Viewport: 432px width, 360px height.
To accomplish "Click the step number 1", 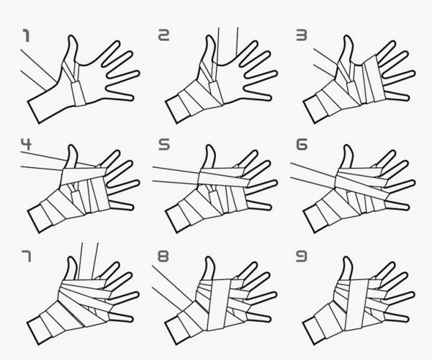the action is (26, 36).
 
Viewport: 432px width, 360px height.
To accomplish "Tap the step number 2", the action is (163, 35).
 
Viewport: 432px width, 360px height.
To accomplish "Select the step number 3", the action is (302, 35).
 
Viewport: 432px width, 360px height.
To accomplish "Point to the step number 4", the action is (26, 144).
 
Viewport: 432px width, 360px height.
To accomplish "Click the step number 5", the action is (164, 144).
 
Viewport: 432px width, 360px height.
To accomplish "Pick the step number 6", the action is (302, 144).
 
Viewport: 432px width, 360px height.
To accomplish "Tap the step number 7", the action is (26, 256).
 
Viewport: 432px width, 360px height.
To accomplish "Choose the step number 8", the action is (163, 256).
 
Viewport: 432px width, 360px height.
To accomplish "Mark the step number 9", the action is (302, 256).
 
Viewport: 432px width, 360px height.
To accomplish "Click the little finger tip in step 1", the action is (132, 97).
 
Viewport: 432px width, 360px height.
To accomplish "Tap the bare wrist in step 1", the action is (45, 106).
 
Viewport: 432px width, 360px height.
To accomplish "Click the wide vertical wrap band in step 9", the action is (357, 305).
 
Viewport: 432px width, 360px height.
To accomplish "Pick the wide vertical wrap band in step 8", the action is (220, 305).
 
